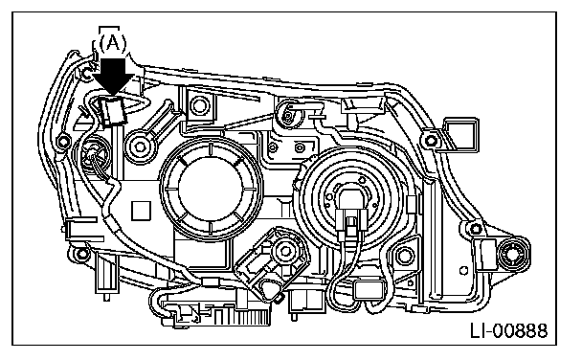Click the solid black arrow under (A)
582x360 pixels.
tap(112, 77)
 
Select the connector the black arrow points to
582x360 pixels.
tap(112, 111)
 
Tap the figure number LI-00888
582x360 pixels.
tap(509, 330)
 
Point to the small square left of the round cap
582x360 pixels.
tap(141, 211)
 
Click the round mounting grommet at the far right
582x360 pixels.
tap(514, 255)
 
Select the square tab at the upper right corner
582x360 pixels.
tap(460, 134)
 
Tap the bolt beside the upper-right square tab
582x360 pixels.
tap(431, 141)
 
